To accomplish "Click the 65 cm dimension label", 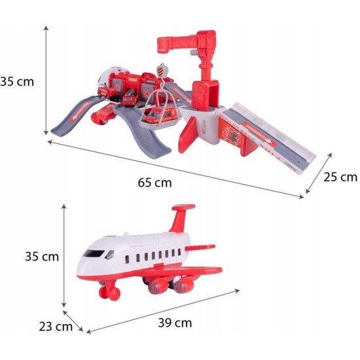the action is (x=154, y=183).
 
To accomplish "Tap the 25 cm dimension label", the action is (x=340, y=177).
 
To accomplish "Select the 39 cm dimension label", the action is (x=175, y=323).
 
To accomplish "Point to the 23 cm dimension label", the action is (x=56, y=327).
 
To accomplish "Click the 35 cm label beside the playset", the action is (x=17, y=82).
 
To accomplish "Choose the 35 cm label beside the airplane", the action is (x=42, y=257).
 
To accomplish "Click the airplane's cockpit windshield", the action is (x=94, y=253).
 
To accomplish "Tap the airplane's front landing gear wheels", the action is (x=110, y=291).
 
